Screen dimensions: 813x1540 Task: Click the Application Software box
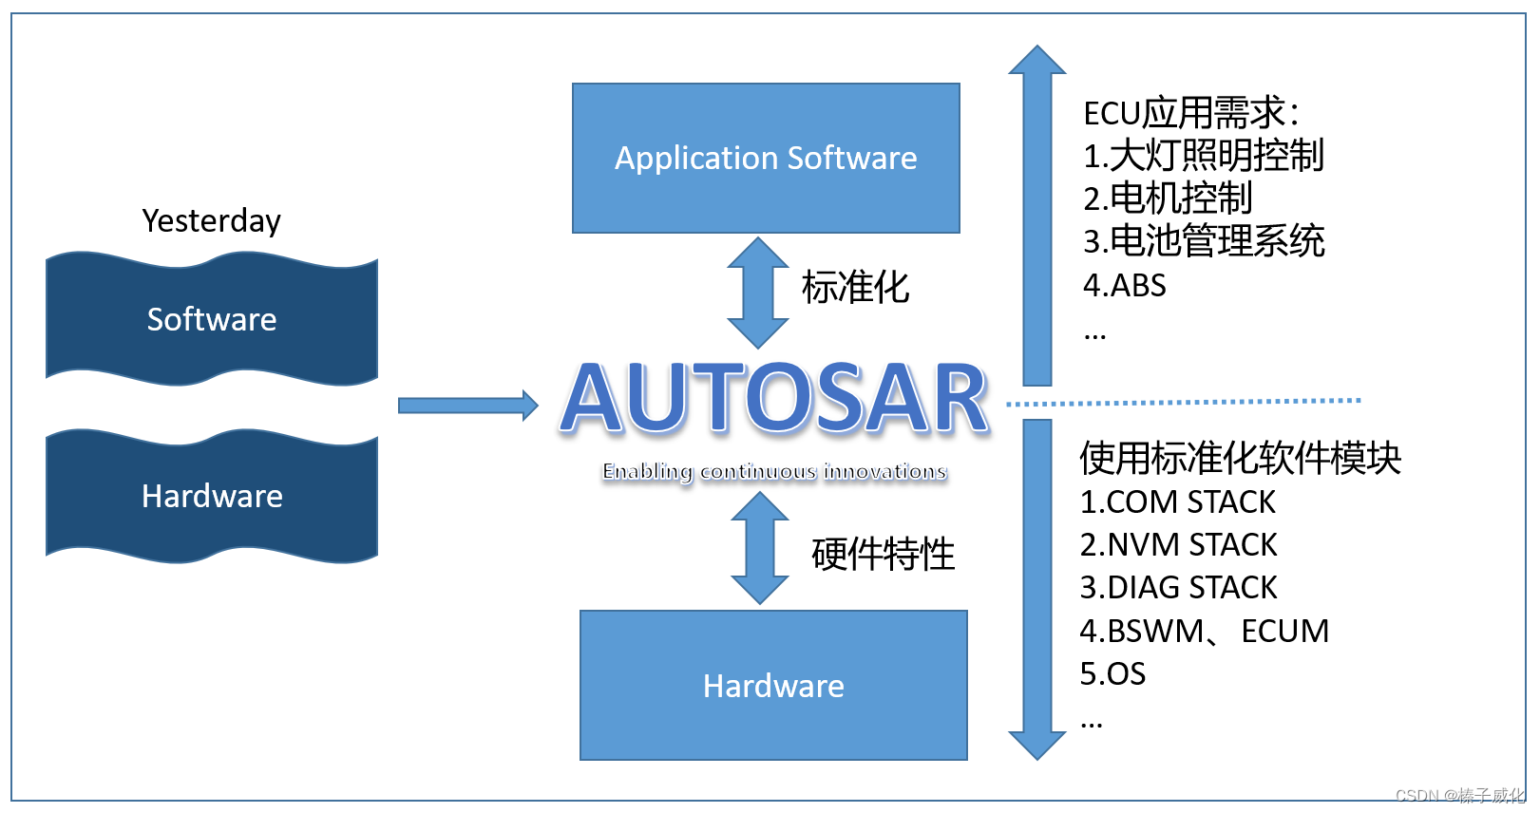click(x=766, y=158)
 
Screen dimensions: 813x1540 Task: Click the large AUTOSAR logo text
click(x=775, y=399)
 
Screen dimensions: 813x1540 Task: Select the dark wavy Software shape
click(x=212, y=319)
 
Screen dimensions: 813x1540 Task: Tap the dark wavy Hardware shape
click(x=212, y=496)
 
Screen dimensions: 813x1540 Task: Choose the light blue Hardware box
click(x=773, y=685)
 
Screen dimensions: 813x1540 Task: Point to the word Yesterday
click(x=211, y=220)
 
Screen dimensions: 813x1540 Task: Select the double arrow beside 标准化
click(x=757, y=292)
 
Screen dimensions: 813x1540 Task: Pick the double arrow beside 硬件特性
click(x=759, y=548)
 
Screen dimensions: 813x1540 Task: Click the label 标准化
click(x=855, y=287)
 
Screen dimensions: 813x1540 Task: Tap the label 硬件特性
click(x=883, y=554)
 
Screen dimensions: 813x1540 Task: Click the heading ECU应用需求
click(x=1190, y=113)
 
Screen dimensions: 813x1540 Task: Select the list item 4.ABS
click(x=1124, y=285)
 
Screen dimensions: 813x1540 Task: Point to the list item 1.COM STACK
click(x=1177, y=501)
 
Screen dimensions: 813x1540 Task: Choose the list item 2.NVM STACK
click(x=1178, y=544)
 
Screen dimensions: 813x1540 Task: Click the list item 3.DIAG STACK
click(x=1178, y=587)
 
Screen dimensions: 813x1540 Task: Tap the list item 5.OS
click(x=1112, y=673)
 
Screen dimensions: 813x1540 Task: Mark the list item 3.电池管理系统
click(x=1204, y=241)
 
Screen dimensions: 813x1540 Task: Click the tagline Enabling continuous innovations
click(x=774, y=471)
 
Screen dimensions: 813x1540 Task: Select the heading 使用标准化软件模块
click(x=1240, y=458)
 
